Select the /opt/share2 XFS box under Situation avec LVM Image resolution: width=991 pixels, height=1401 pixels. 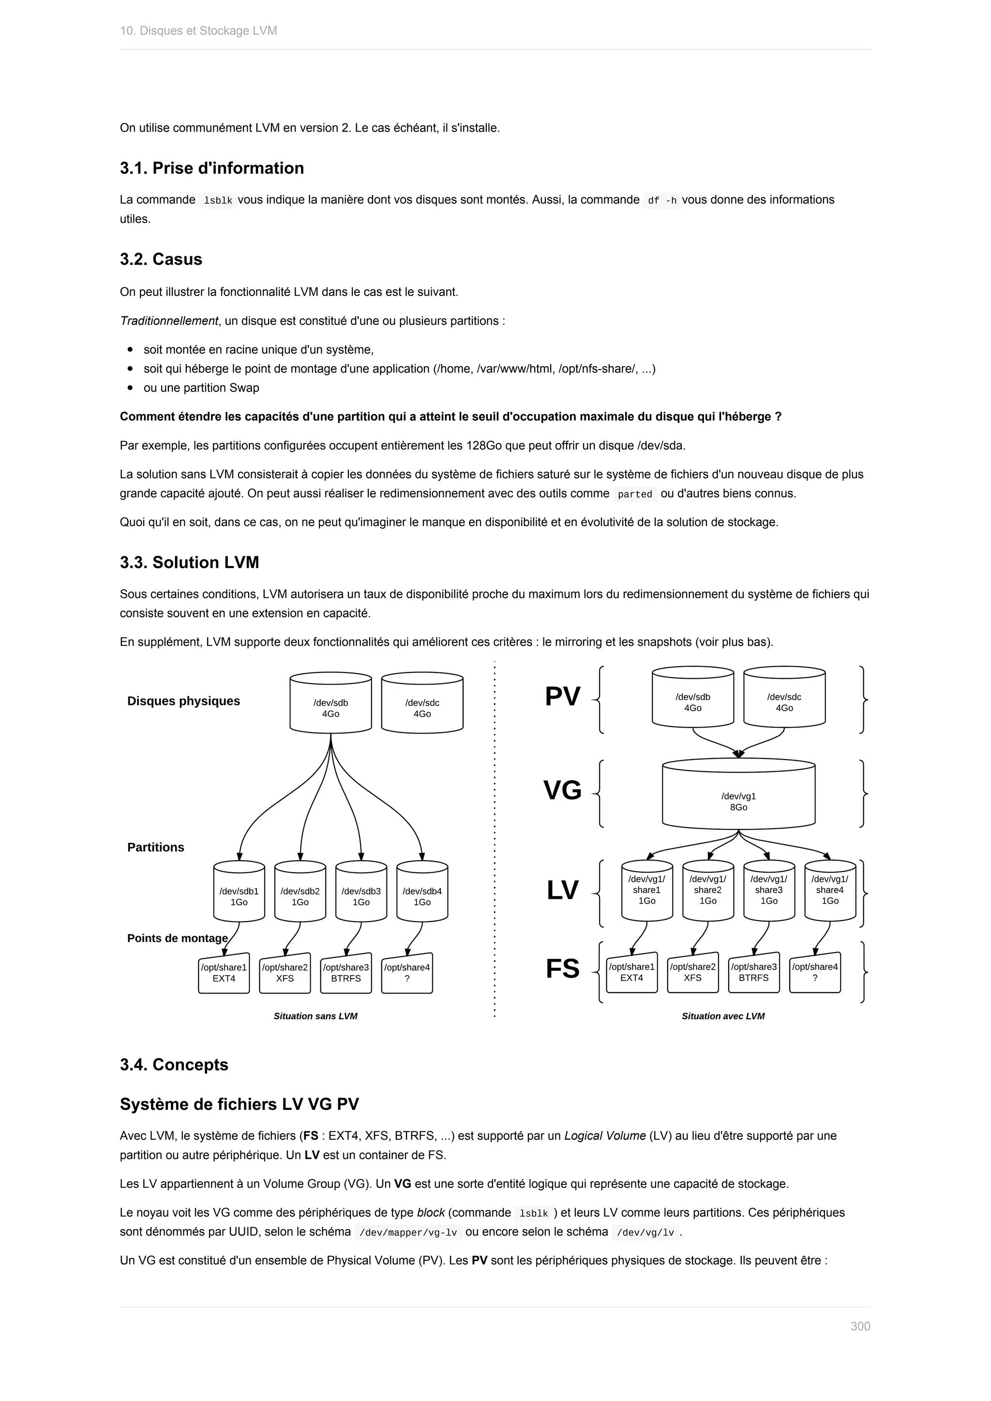point(692,972)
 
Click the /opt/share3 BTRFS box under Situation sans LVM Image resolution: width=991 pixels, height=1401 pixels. point(346,973)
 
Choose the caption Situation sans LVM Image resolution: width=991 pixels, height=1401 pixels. point(315,1016)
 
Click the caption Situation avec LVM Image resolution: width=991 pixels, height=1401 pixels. point(723,1016)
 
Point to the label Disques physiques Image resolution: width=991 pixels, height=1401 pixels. point(184,701)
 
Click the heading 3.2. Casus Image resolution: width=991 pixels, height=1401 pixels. point(161,259)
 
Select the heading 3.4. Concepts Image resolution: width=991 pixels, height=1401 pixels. point(174,1065)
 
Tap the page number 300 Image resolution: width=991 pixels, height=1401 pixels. point(860,1343)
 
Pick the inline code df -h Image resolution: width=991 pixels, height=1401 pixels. point(662,200)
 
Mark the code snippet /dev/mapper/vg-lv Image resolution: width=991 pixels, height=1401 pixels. point(408,1233)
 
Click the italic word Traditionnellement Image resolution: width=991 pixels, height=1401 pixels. point(169,321)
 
